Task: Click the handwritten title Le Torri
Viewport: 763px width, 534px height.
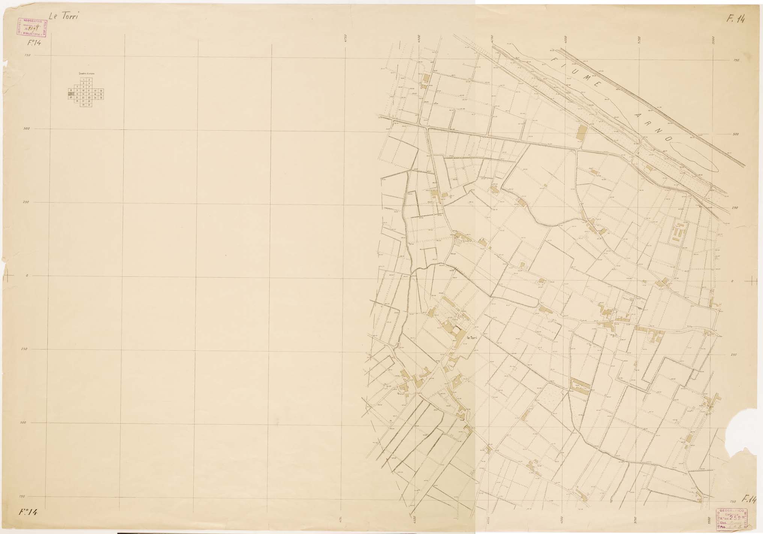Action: (x=63, y=17)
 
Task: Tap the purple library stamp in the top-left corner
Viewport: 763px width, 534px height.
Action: (x=31, y=28)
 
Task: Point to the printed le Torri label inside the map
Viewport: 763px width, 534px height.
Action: (x=472, y=338)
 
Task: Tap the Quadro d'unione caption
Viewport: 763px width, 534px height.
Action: (x=86, y=74)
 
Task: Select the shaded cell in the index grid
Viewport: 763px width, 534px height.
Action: (x=71, y=94)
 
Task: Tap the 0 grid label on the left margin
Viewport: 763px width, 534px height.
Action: (x=27, y=276)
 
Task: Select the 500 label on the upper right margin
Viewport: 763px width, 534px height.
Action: (x=736, y=134)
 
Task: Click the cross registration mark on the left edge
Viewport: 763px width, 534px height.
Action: (x=8, y=277)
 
